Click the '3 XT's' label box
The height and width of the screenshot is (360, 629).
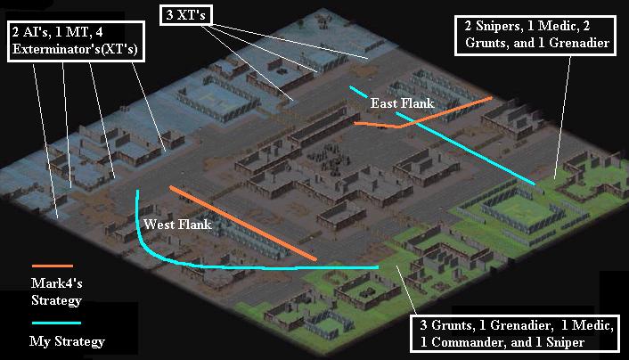pyautogui.click(x=185, y=15)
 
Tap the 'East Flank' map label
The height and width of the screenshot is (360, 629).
pyautogui.click(x=402, y=103)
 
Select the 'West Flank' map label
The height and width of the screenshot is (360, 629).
pyautogui.click(x=177, y=224)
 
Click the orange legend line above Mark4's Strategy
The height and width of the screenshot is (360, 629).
pyautogui.click(x=53, y=266)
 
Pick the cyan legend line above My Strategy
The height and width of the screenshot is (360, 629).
pyautogui.click(x=56, y=323)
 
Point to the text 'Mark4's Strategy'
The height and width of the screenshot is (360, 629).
pyautogui.click(x=56, y=291)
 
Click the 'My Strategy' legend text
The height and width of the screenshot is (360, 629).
pyautogui.click(x=67, y=341)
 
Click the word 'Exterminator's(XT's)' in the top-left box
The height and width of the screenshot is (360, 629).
pyautogui.click(x=75, y=49)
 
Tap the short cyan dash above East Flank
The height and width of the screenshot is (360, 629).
pyautogui.click(x=358, y=92)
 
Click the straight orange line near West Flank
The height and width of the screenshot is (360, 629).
pyautogui.click(x=242, y=223)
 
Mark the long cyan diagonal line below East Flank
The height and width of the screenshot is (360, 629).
pyautogui.click(x=465, y=149)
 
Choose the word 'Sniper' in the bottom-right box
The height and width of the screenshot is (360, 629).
pyautogui.click(x=565, y=342)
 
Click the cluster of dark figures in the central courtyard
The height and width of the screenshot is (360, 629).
pyautogui.click(x=328, y=159)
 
